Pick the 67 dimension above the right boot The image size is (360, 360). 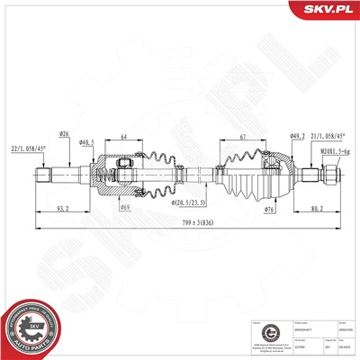coord(244,137)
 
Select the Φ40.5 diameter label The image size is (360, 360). coord(86,142)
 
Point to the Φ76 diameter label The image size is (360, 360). coord(269,208)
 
